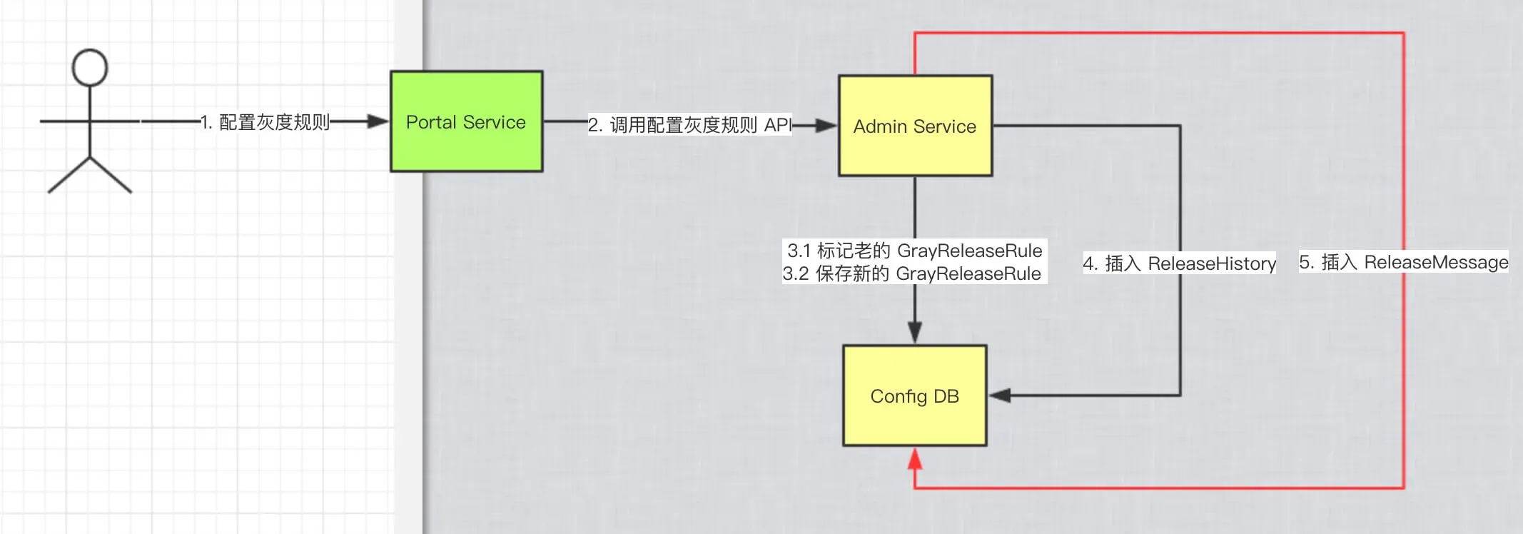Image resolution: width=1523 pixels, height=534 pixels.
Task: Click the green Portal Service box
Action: point(466,122)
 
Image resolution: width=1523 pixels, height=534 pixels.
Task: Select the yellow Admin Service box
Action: point(915,126)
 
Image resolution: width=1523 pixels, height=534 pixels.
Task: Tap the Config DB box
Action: point(914,396)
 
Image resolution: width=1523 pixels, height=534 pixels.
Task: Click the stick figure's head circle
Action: point(90,68)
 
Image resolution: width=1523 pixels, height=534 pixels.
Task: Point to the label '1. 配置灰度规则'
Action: point(265,123)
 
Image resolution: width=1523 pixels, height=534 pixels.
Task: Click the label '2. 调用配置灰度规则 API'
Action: point(689,126)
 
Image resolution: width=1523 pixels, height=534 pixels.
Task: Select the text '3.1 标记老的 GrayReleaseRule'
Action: point(914,251)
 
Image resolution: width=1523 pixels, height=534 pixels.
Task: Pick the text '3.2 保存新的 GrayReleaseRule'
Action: point(912,273)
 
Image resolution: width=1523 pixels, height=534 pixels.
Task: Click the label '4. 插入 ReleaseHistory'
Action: point(1179,263)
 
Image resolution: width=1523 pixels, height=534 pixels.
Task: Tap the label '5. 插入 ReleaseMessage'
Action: point(1403,262)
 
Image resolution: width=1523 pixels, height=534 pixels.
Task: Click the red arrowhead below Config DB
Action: point(915,459)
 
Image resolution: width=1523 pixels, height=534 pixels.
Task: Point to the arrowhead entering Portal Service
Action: point(378,122)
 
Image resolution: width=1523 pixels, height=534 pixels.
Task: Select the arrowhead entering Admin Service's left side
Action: point(826,126)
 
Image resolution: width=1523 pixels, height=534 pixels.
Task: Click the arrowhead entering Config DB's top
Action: point(915,332)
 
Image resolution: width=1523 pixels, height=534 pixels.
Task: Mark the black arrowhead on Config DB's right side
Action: point(1000,396)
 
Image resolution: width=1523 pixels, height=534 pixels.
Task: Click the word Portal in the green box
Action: point(431,122)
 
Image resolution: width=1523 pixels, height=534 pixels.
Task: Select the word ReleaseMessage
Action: point(1436,262)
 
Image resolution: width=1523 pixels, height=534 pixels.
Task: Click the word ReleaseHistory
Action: point(1212,263)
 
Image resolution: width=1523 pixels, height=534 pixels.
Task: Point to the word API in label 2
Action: point(778,126)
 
